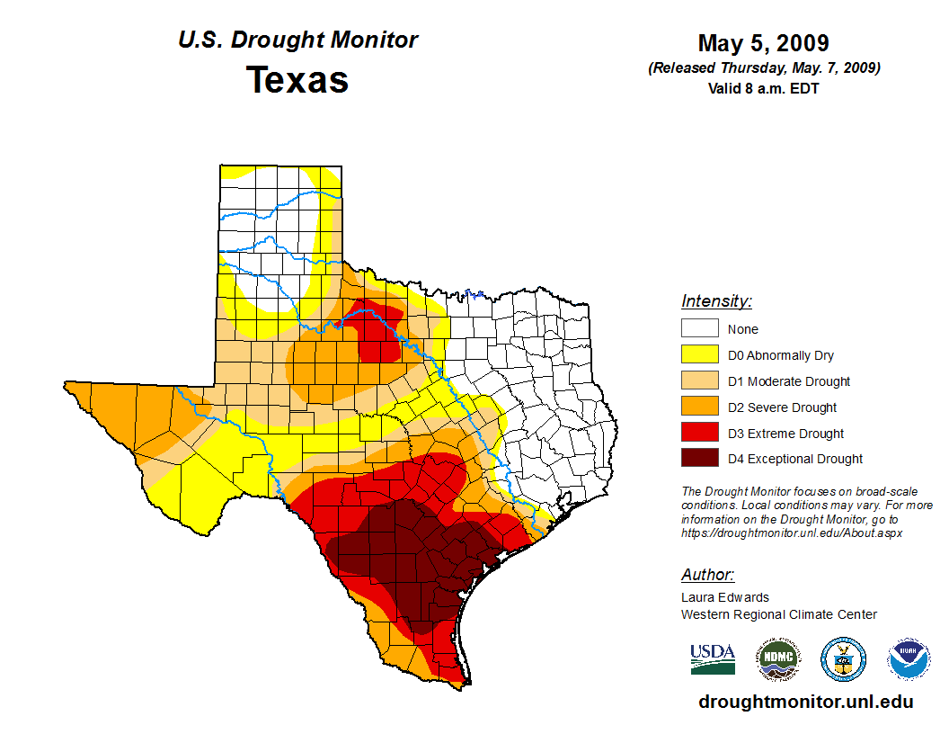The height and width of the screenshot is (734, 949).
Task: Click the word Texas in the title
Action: [297, 80]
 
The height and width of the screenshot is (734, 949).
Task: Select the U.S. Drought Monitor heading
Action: [297, 40]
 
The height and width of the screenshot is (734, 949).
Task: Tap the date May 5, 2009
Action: [764, 43]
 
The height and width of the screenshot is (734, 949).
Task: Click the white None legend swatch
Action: [699, 329]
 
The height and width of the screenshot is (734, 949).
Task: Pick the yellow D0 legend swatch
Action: [699, 355]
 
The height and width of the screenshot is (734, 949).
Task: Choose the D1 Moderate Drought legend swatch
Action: [699, 381]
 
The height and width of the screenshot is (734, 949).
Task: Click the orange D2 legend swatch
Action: [699, 407]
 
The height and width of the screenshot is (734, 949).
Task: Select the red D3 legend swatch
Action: [699, 434]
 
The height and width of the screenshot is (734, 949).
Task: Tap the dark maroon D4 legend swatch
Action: [699, 459]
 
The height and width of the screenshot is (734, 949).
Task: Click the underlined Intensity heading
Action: [716, 301]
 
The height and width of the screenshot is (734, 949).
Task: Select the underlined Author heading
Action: [707, 575]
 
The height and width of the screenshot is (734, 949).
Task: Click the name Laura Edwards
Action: [725, 597]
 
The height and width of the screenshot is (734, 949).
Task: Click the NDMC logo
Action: [777, 659]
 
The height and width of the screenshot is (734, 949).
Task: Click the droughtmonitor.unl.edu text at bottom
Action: [805, 703]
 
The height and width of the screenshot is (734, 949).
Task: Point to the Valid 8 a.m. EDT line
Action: [764, 88]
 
